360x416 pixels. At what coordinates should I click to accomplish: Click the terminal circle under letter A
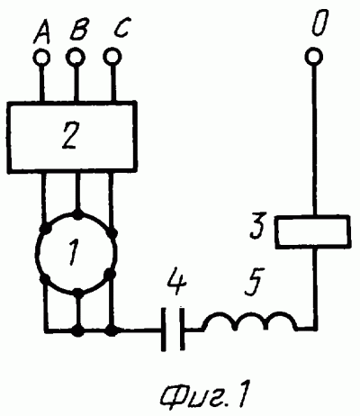pyautogui.click(x=41, y=57)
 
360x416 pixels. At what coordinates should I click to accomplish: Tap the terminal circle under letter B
pyautogui.click(x=76, y=57)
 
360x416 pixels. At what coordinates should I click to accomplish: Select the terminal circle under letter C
pyautogui.click(x=112, y=57)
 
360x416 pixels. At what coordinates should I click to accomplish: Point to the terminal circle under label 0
pyautogui.click(x=314, y=56)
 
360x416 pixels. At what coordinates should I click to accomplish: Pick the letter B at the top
pyautogui.click(x=78, y=30)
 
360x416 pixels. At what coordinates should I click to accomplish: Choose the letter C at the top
pyautogui.click(x=121, y=29)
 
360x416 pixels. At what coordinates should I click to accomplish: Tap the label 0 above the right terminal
pyautogui.click(x=319, y=23)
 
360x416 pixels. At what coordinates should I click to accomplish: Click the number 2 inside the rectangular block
pyautogui.click(x=70, y=137)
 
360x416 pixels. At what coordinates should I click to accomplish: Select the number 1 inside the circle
pyautogui.click(x=73, y=253)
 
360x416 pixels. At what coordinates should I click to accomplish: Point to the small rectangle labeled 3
pyautogui.click(x=312, y=232)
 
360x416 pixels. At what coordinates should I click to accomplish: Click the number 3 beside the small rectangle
pyautogui.click(x=258, y=226)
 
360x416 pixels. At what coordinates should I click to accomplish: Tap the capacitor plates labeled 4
pyautogui.click(x=173, y=329)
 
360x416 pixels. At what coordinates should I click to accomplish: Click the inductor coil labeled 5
pyautogui.click(x=249, y=321)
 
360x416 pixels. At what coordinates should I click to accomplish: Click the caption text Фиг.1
pyautogui.click(x=204, y=390)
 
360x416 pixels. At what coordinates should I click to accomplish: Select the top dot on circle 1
pyautogui.click(x=78, y=214)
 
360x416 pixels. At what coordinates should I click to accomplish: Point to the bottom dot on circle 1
pyautogui.click(x=78, y=294)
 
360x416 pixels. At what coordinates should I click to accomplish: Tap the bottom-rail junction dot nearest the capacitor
pyautogui.click(x=112, y=330)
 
